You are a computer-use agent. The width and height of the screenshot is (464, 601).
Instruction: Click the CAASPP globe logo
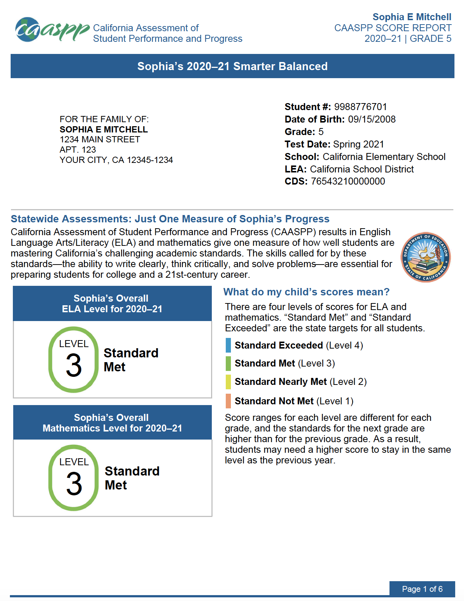click(28, 30)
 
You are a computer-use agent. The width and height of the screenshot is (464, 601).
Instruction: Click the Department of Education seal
click(425, 257)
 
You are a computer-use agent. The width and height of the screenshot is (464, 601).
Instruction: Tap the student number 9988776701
click(360, 107)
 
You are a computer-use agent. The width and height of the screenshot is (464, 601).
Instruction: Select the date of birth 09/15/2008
click(372, 119)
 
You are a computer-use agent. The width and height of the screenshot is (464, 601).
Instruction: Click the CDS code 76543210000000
click(348, 181)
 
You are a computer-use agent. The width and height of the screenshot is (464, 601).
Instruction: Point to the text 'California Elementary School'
click(384, 157)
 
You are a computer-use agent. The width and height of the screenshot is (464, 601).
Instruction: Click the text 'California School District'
click(362, 169)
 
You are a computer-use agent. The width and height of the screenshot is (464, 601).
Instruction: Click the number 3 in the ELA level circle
click(74, 365)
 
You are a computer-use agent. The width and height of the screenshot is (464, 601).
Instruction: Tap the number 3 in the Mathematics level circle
click(74, 484)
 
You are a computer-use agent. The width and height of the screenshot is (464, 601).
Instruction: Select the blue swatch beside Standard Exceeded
click(228, 345)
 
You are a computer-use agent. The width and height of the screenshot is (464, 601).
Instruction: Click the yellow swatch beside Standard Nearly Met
click(228, 382)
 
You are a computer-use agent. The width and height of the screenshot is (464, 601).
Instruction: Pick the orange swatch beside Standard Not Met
click(228, 401)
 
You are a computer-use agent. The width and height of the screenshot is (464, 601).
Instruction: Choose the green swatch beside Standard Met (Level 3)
click(228, 363)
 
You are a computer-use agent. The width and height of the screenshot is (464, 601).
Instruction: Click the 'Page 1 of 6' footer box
click(422, 589)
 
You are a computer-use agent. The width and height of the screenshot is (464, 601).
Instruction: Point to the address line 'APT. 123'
click(78, 150)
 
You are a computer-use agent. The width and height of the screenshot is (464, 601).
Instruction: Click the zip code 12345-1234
click(150, 160)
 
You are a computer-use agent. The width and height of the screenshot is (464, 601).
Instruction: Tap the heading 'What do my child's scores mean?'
click(307, 292)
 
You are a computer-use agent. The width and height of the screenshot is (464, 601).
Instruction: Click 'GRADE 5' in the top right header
click(431, 39)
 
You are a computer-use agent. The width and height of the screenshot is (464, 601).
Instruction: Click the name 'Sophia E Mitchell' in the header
click(412, 17)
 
